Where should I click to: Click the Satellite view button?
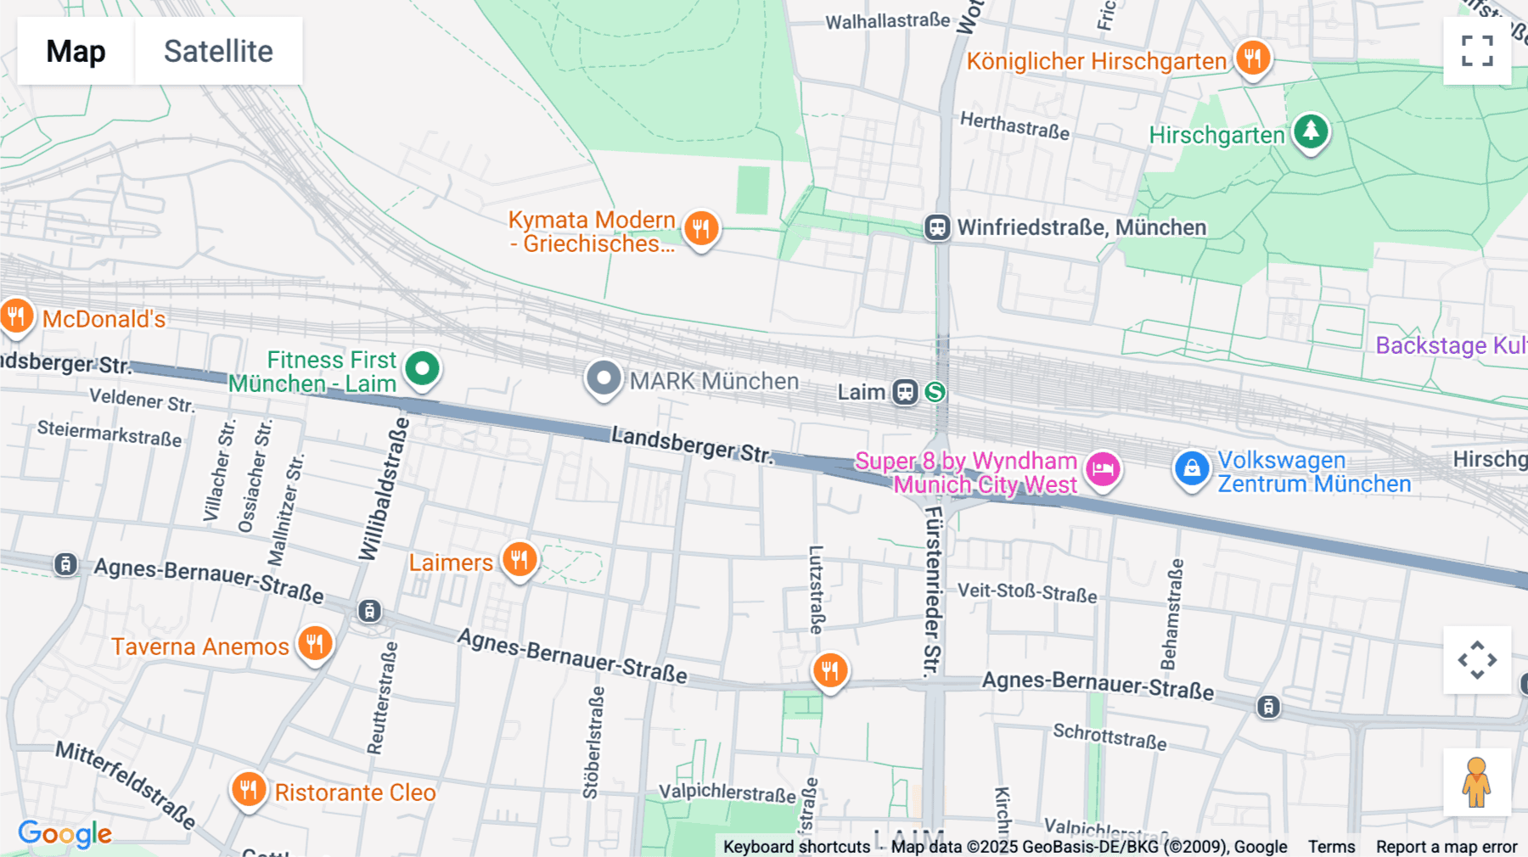(218, 51)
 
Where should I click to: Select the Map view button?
(76, 51)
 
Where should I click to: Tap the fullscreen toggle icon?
(1477, 51)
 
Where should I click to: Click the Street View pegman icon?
(1477, 782)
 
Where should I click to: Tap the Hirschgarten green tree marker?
(1311, 131)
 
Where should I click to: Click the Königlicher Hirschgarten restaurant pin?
(1252, 59)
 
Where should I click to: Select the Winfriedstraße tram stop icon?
(937, 227)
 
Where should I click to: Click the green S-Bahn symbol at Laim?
(935, 392)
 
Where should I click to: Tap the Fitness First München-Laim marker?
(422, 369)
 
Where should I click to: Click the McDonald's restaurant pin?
(16, 316)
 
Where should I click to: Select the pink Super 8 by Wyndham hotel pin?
(1103, 468)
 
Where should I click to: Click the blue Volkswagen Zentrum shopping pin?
(1191, 468)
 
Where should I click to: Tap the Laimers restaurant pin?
(519, 560)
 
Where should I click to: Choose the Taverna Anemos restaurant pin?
(314, 643)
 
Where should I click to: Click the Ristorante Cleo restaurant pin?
(248, 790)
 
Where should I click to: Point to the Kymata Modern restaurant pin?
(700, 228)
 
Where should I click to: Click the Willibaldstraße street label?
(385, 489)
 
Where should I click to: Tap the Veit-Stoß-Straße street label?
(1027, 591)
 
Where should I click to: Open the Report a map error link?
(1446, 847)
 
